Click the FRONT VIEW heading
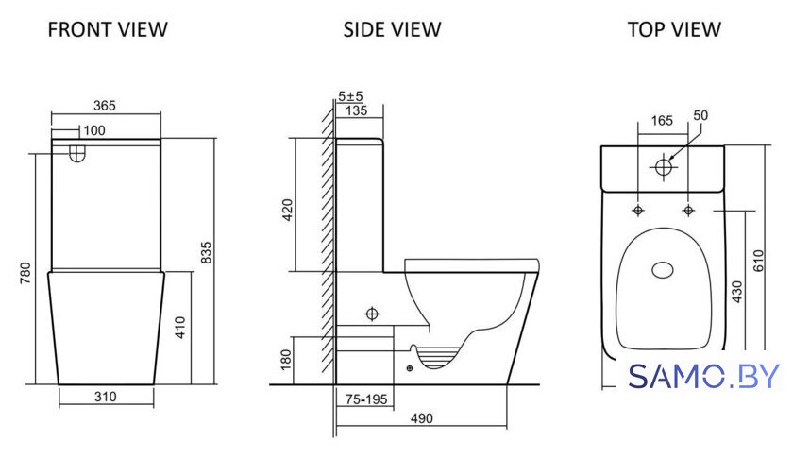point(108,29)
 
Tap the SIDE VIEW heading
point(392,29)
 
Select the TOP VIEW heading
point(674,29)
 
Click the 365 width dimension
point(105,105)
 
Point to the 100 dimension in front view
point(94,130)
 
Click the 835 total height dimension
point(207,253)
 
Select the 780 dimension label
point(25,273)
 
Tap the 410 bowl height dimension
point(180,328)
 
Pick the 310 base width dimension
point(105,397)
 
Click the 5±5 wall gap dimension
point(350,95)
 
